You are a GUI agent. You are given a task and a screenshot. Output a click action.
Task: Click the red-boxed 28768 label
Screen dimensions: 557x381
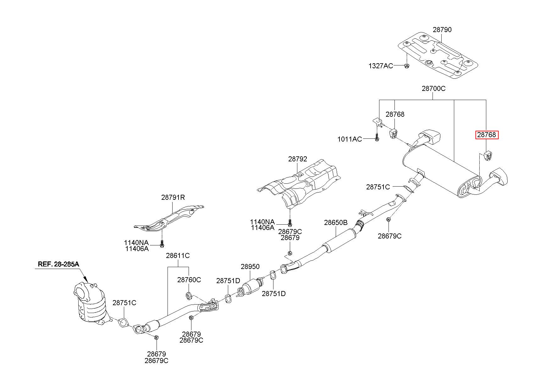coord(487,135)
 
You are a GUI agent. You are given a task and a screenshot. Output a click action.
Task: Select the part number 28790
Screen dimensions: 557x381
coord(442,30)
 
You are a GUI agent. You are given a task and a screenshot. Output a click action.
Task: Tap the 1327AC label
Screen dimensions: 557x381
coord(381,66)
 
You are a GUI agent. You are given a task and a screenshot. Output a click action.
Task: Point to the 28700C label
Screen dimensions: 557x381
coord(433,88)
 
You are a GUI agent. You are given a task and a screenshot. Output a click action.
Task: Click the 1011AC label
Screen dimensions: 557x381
coord(350,139)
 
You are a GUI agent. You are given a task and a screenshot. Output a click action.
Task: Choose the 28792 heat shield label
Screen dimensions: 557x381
coord(298,159)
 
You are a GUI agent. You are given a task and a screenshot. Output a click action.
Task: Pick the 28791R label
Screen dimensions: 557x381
coord(173,198)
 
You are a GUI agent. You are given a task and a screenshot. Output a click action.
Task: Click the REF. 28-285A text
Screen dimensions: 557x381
coord(58,264)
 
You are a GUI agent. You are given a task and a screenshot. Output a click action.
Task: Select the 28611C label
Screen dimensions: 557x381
coord(178,255)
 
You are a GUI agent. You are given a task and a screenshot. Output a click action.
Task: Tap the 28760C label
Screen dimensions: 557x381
coord(189,280)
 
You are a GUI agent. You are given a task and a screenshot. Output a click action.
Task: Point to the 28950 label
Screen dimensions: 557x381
coord(250,266)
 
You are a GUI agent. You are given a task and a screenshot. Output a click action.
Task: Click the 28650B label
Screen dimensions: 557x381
coord(336,223)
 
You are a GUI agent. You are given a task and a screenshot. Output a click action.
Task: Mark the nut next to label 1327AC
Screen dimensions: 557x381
coord(406,66)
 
